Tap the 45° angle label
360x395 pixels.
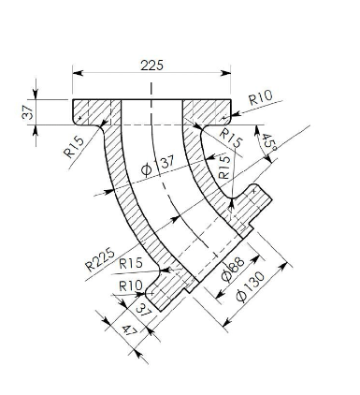point(268,143)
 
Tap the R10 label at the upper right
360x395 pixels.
point(261,98)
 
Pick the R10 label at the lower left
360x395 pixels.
point(130,285)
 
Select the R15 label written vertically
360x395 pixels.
point(223,167)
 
